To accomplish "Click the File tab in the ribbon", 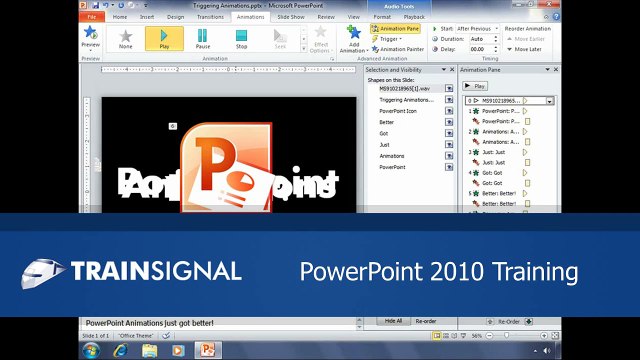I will [92, 17].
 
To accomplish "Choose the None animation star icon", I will [125, 36].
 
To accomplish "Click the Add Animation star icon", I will [354, 33].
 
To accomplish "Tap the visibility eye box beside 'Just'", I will [448, 143].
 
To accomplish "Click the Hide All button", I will [393, 320].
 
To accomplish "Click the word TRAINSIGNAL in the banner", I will [156, 270].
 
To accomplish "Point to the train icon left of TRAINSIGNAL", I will [44, 270].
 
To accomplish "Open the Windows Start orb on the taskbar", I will [92, 351].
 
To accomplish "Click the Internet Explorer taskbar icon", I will [121, 351].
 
